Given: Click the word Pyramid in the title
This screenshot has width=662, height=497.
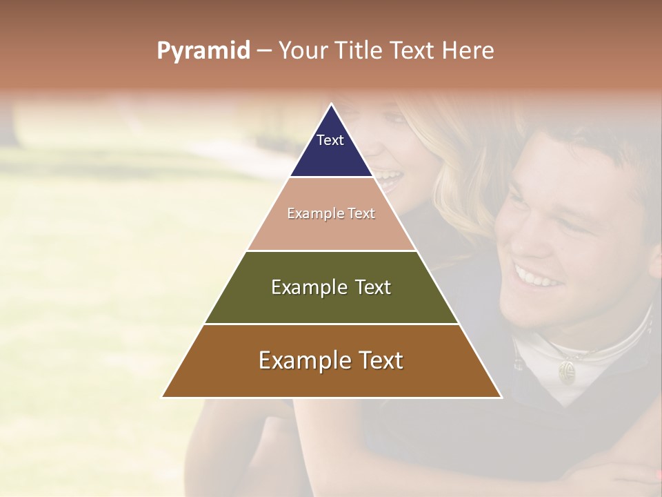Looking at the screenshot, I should click(x=203, y=51).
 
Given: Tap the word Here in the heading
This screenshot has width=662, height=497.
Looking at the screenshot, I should click(x=467, y=51).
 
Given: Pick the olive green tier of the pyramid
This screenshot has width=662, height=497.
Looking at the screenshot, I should click(x=331, y=304).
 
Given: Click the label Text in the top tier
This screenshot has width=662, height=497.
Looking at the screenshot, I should click(x=330, y=140).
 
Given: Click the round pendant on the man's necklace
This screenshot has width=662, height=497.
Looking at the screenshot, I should click(x=567, y=373).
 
